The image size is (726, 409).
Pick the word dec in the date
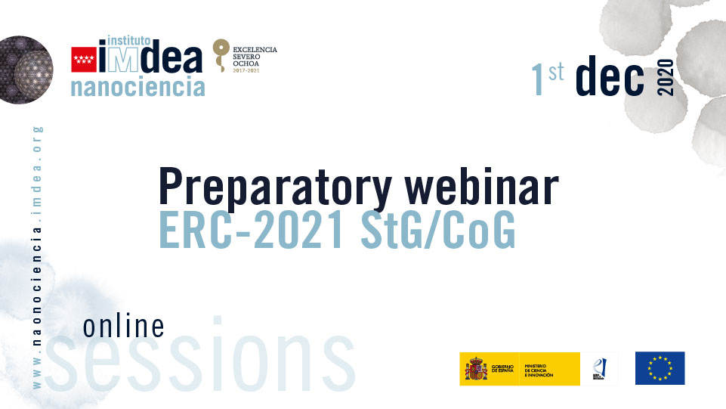tap(610, 79)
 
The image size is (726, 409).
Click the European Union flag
tap(660, 368)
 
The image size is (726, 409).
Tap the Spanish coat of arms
tap(476, 369)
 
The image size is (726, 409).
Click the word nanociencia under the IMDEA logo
tap(137, 86)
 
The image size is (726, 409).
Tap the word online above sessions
tap(123, 326)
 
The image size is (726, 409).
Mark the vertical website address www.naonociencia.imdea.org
tap(38, 257)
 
